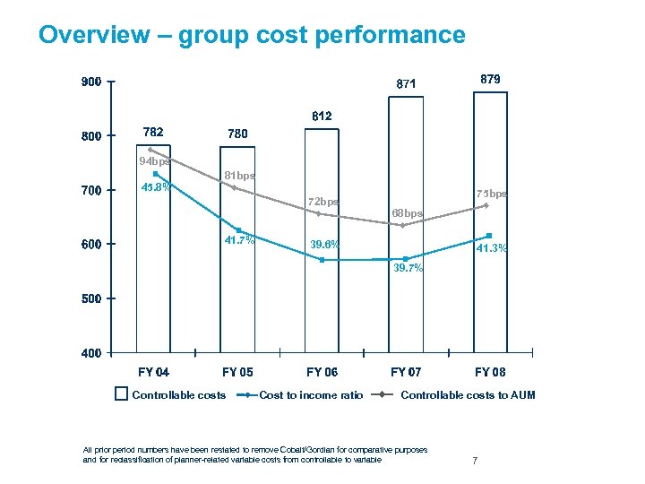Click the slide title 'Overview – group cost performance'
click(252, 35)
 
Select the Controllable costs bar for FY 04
click(153, 269)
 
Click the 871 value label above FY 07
click(408, 83)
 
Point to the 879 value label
click(490, 79)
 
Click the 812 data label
click(322, 117)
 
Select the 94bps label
click(153, 162)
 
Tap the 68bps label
click(407, 213)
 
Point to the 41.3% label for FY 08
click(492, 248)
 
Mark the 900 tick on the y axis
click(90, 82)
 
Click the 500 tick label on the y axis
click(90, 298)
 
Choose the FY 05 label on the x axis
click(237, 372)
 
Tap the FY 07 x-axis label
click(406, 372)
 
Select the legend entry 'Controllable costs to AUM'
click(468, 395)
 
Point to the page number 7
click(475, 461)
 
